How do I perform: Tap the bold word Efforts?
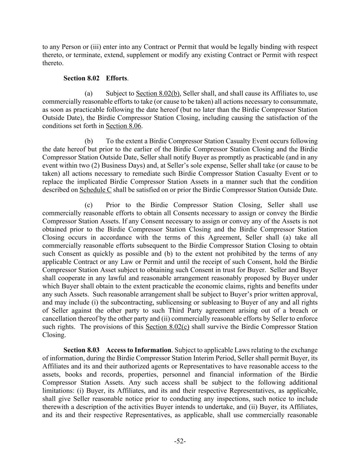[x=116, y=78]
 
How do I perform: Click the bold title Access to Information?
[x=139, y=350]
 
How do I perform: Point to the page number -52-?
[x=180, y=441]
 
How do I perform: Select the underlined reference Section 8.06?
[x=124, y=126]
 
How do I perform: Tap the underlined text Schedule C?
[x=95, y=190]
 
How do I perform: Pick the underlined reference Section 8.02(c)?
[x=167, y=327]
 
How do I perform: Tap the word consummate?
[x=301, y=102]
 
